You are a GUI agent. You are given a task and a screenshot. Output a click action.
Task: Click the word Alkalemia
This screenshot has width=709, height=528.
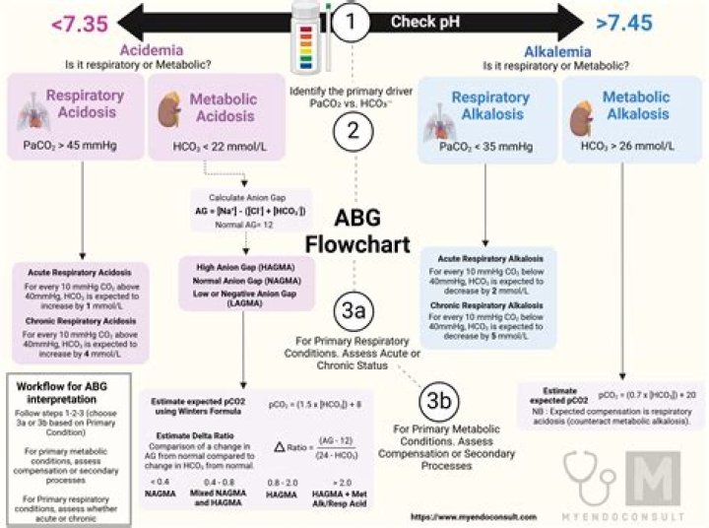pyautogui.click(x=557, y=50)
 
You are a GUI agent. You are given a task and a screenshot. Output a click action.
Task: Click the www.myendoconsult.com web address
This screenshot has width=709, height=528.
pyautogui.click(x=459, y=516)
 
